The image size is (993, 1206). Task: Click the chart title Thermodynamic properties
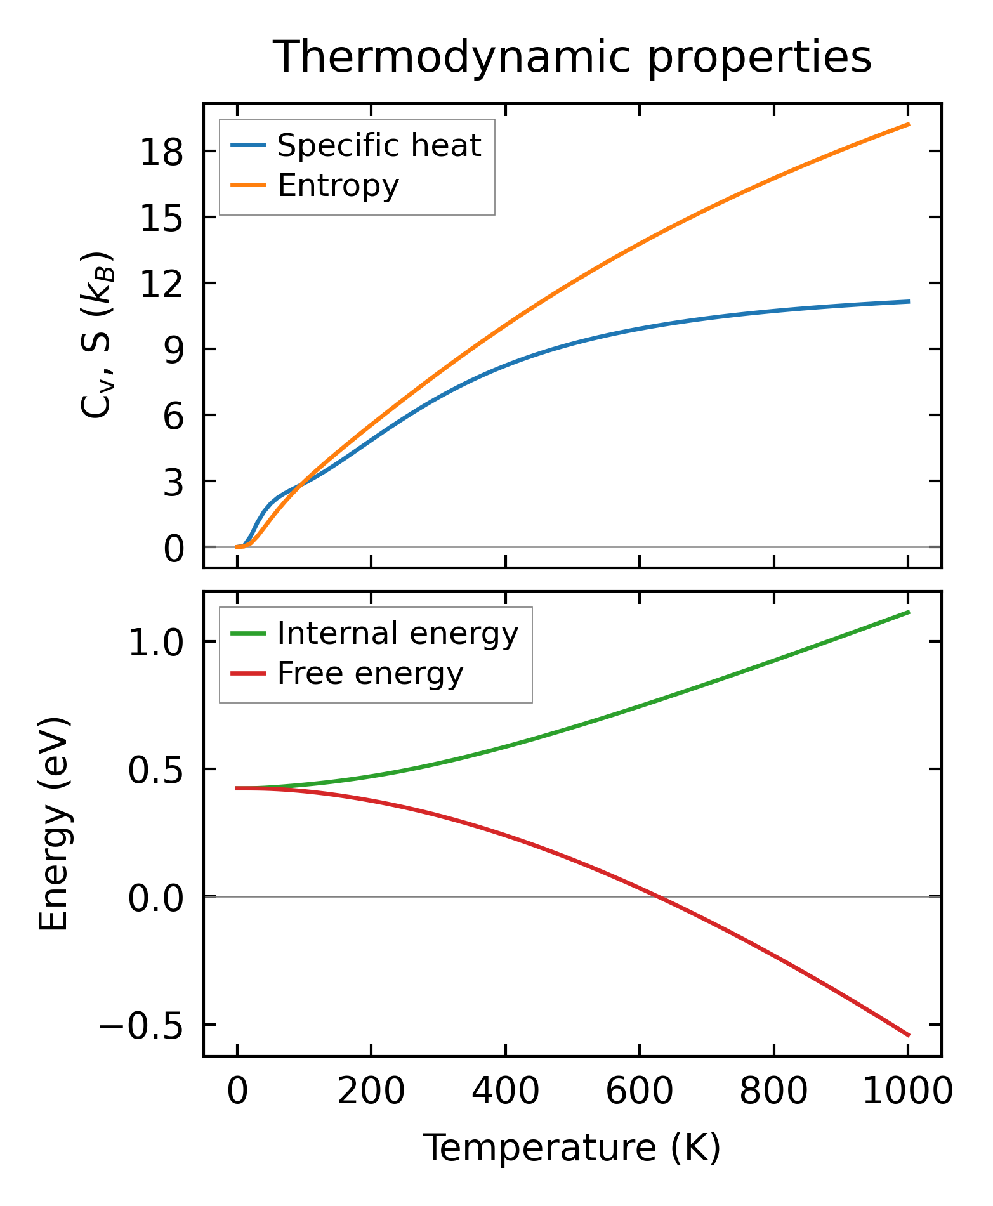coord(572,57)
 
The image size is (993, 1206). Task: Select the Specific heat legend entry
coord(379,146)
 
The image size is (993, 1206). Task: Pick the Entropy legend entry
coord(338,186)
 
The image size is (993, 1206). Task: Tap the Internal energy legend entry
coord(397,634)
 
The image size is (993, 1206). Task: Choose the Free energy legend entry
coord(370,674)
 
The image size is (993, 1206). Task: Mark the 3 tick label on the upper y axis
coord(173,482)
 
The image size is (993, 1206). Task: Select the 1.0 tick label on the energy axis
coord(155,643)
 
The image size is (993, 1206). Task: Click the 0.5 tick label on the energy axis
coord(155,771)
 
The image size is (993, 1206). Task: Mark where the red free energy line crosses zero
coord(658,896)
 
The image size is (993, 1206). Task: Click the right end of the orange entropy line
coord(909,124)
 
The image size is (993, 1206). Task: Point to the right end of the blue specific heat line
coord(909,301)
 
